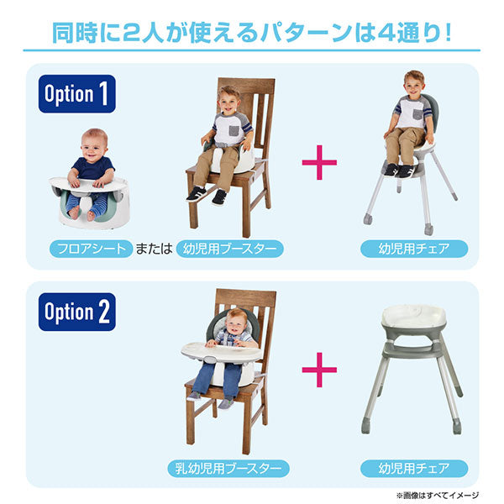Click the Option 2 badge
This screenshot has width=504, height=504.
(x=76, y=312)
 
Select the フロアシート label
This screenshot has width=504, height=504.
(x=90, y=248)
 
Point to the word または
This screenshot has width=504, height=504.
(x=155, y=248)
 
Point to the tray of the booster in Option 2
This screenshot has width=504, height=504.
(x=217, y=348)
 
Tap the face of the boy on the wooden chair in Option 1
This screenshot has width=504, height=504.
(x=228, y=102)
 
